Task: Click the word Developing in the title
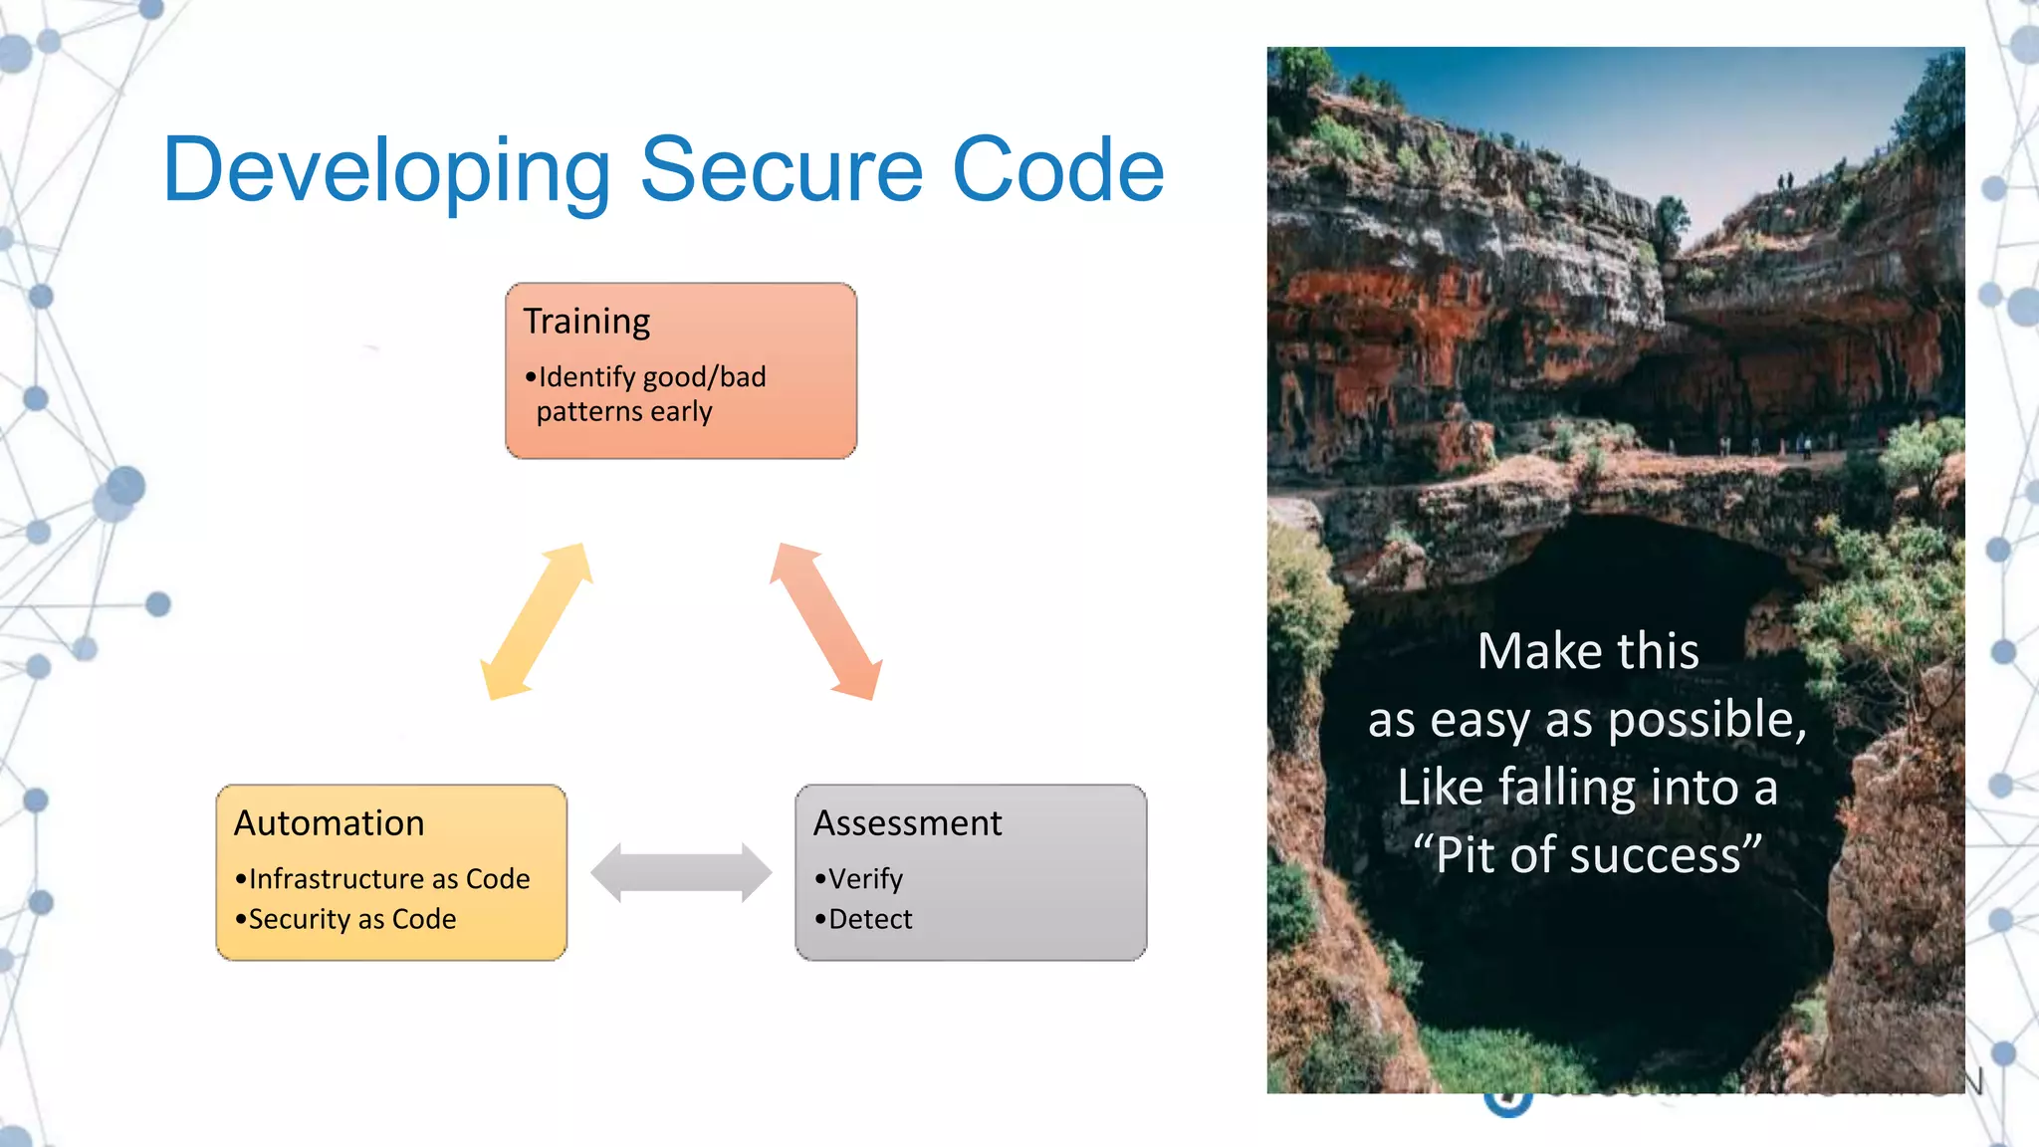point(386,171)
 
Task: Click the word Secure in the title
point(783,171)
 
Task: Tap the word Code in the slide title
point(1057,171)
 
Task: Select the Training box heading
point(586,322)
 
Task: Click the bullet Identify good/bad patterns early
point(647,393)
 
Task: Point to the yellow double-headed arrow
point(537,621)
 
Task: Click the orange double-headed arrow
point(825,621)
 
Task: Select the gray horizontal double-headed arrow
point(681,872)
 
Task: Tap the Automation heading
point(330,823)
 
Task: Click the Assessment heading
point(907,823)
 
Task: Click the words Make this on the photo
point(1587,652)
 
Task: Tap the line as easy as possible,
point(1587,720)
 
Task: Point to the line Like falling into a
point(1587,788)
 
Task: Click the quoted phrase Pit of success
point(1587,855)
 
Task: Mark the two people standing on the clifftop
point(1785,181)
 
